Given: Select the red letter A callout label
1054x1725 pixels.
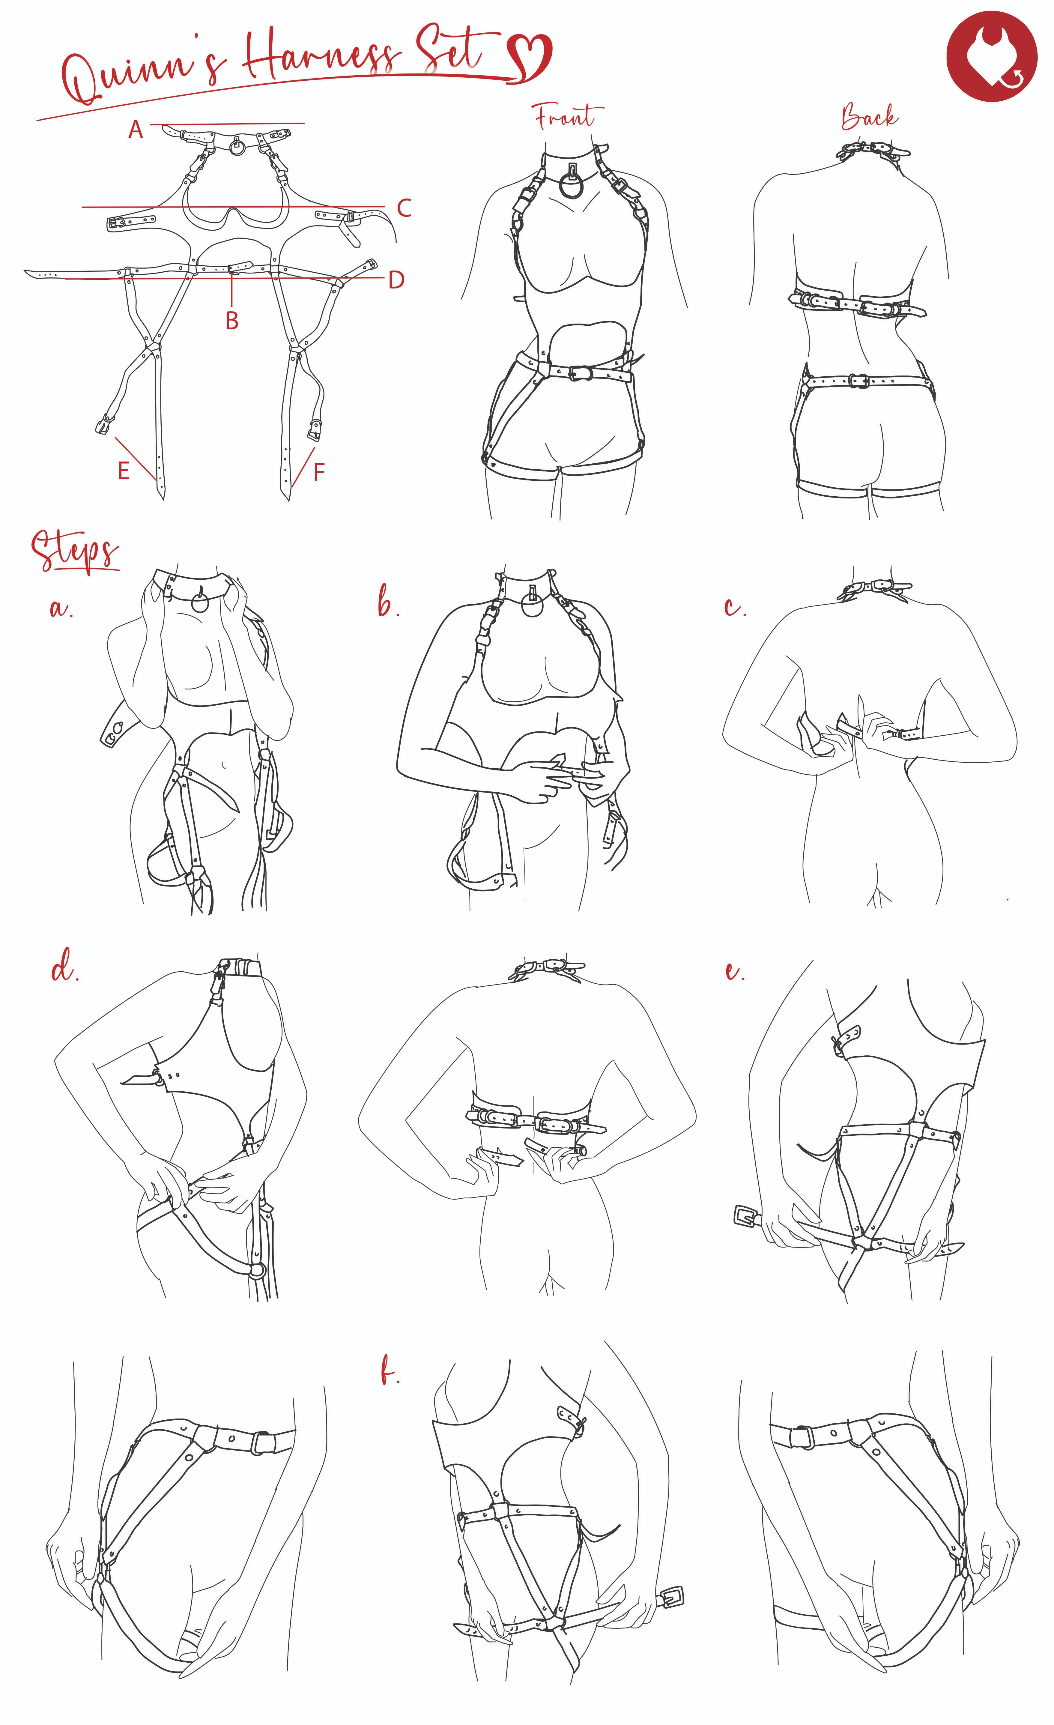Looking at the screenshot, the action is [x=136, y=130].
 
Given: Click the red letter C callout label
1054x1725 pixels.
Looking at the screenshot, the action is [x=404, y=208].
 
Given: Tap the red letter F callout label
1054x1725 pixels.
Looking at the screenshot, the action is [x=319, y=473].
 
